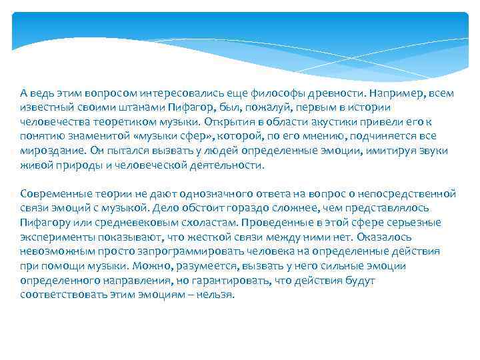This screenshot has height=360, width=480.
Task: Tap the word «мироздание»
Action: tap(47, 151)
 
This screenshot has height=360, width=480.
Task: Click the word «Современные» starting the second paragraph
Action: tap(51, 193)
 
